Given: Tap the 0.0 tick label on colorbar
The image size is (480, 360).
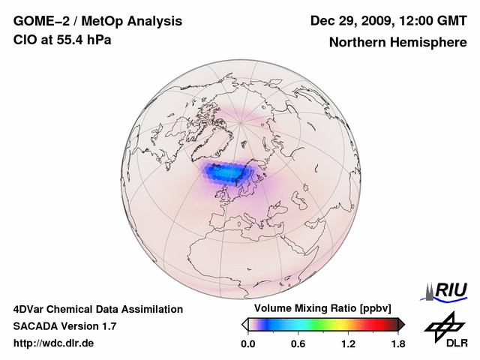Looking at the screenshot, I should pos(248,343).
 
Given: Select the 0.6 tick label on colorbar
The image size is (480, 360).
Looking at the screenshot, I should pos(298,343).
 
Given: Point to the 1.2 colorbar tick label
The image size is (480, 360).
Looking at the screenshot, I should pos(348,343).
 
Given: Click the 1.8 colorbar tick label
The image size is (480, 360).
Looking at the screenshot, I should pos(397,343).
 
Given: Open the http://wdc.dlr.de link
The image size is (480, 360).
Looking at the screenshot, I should pos(54,343).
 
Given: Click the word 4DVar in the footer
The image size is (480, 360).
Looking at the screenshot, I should pos(29,309).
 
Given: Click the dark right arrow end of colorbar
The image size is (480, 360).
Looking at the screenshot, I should pos(402,324).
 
